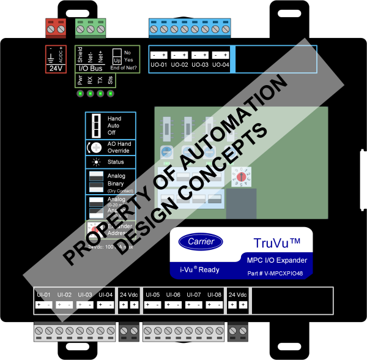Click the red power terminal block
click(x=57, y=27)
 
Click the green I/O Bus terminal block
click(x=91, y=27)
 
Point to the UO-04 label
click(x=221, y=64)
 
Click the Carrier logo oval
click(x=197, y=241)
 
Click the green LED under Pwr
click(x=80, y=94)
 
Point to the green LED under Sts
click(x=111, y=94)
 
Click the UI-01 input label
click(x=43, y=294)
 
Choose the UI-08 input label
click(x=214, y=294)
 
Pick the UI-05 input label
click(x=153, y=294)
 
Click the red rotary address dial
click(x=241, y=176)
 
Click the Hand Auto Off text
click(x=114, y=126)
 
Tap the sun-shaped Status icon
click(x=95, y=162)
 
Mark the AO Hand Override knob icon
click(x=95, y=148)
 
